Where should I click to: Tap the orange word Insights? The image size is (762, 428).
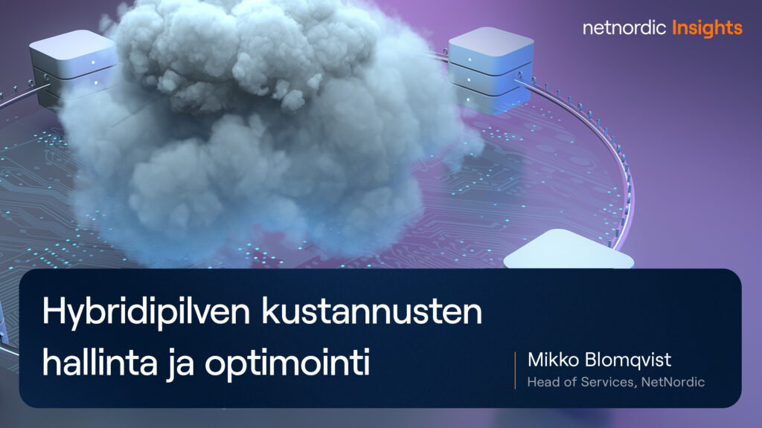coord(707,28)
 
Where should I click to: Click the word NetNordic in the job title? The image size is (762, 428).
coord(675,383)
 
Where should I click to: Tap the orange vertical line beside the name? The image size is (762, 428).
coord(515,371)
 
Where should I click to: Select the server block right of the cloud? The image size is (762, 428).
coord(480,67)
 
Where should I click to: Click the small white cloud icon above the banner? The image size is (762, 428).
coord(569,250)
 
